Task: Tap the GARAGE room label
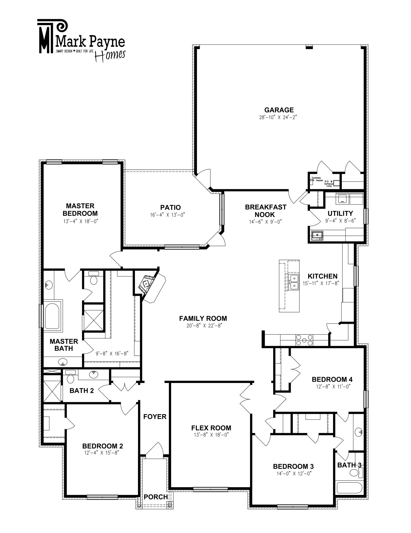tap(279, 110)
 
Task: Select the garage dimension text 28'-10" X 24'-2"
tap(278, 117)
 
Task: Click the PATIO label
tap(171, 207)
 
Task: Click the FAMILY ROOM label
tap(203, 318)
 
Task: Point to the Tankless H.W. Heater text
tap(317, 179)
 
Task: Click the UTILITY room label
tap(340, 213)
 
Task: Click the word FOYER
tap(155, 417)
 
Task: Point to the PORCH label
tap(156, 497)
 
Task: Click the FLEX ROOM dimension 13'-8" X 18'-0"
tap(211, 435)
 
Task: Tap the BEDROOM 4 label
tap(332, 379)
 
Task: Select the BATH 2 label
tap(82, 390)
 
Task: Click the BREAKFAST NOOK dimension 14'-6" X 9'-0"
tap(265, 221)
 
